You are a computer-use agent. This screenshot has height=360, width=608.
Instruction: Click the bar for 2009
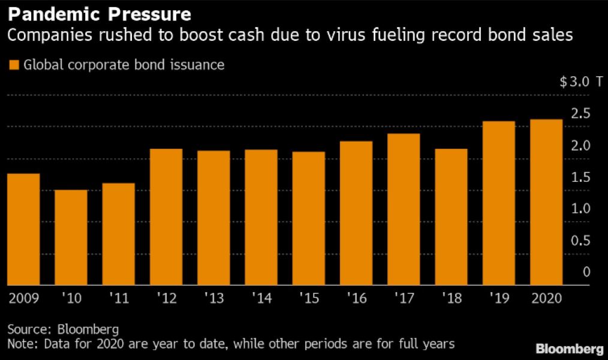click(23, 229)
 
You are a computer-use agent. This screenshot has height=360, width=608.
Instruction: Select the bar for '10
click(71, 238)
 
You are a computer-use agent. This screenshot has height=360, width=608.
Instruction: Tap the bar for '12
click(165, 217)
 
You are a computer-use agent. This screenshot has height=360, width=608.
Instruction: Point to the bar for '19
click(498, 203)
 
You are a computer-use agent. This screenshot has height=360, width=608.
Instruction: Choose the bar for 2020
click(546, 202)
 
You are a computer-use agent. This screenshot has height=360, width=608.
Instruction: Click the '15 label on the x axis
click(308, 298)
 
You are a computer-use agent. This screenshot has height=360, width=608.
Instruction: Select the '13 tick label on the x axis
click(213, 298)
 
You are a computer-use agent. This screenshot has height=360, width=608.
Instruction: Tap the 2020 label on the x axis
click(546, 298)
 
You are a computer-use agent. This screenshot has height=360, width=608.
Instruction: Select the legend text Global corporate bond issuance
click(124, 65)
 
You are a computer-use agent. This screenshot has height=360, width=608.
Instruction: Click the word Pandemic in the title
click(48, 13)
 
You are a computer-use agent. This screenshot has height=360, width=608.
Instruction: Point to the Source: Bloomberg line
click(63, 329)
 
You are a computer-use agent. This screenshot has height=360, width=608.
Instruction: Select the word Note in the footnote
click(20, 344)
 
